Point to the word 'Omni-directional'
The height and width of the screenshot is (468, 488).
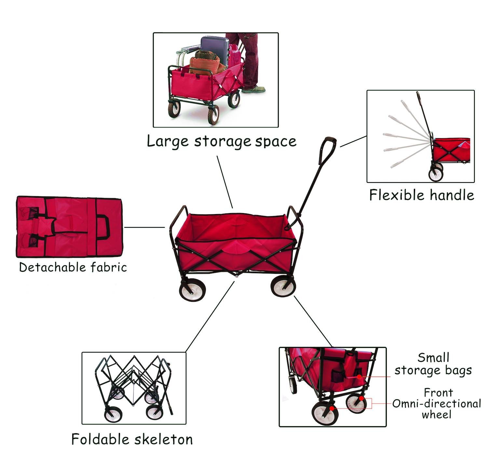point(437,404)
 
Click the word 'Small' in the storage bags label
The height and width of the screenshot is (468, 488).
point(433,358)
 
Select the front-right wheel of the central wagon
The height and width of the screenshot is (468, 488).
point(283,286)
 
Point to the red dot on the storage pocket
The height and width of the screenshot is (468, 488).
point(359,377)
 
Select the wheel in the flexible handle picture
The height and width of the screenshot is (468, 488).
point(436,174)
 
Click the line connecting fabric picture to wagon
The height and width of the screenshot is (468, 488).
point(144,227)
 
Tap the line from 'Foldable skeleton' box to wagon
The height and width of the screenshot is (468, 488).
point(210,316)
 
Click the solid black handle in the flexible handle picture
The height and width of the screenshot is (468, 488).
point(424,114)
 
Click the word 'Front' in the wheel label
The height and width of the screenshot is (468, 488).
point(438,393)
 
